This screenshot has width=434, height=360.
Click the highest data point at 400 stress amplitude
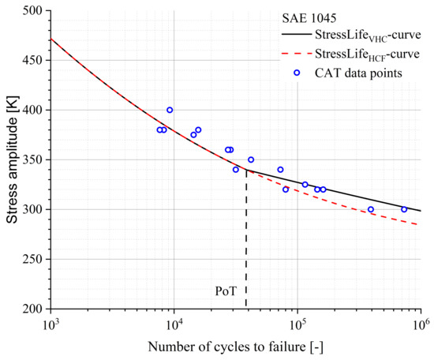pos(170,110)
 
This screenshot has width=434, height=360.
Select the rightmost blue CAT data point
pos(404,209)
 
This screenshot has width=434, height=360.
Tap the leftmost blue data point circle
pos(159,130)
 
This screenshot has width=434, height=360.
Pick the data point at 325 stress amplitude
pos(305,185)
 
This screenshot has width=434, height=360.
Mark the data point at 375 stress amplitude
pos(193,135)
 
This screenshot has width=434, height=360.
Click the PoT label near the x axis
pos(226,291)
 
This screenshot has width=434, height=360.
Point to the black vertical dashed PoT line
pos(246,237)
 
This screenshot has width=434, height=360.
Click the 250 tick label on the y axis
pos(32,259)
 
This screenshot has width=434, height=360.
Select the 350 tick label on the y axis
pos(32,159)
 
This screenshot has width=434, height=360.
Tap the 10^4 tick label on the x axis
pos(173,324)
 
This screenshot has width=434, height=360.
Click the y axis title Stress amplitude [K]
pos(10,159)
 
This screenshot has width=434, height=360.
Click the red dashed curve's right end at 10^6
pos(420,224)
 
